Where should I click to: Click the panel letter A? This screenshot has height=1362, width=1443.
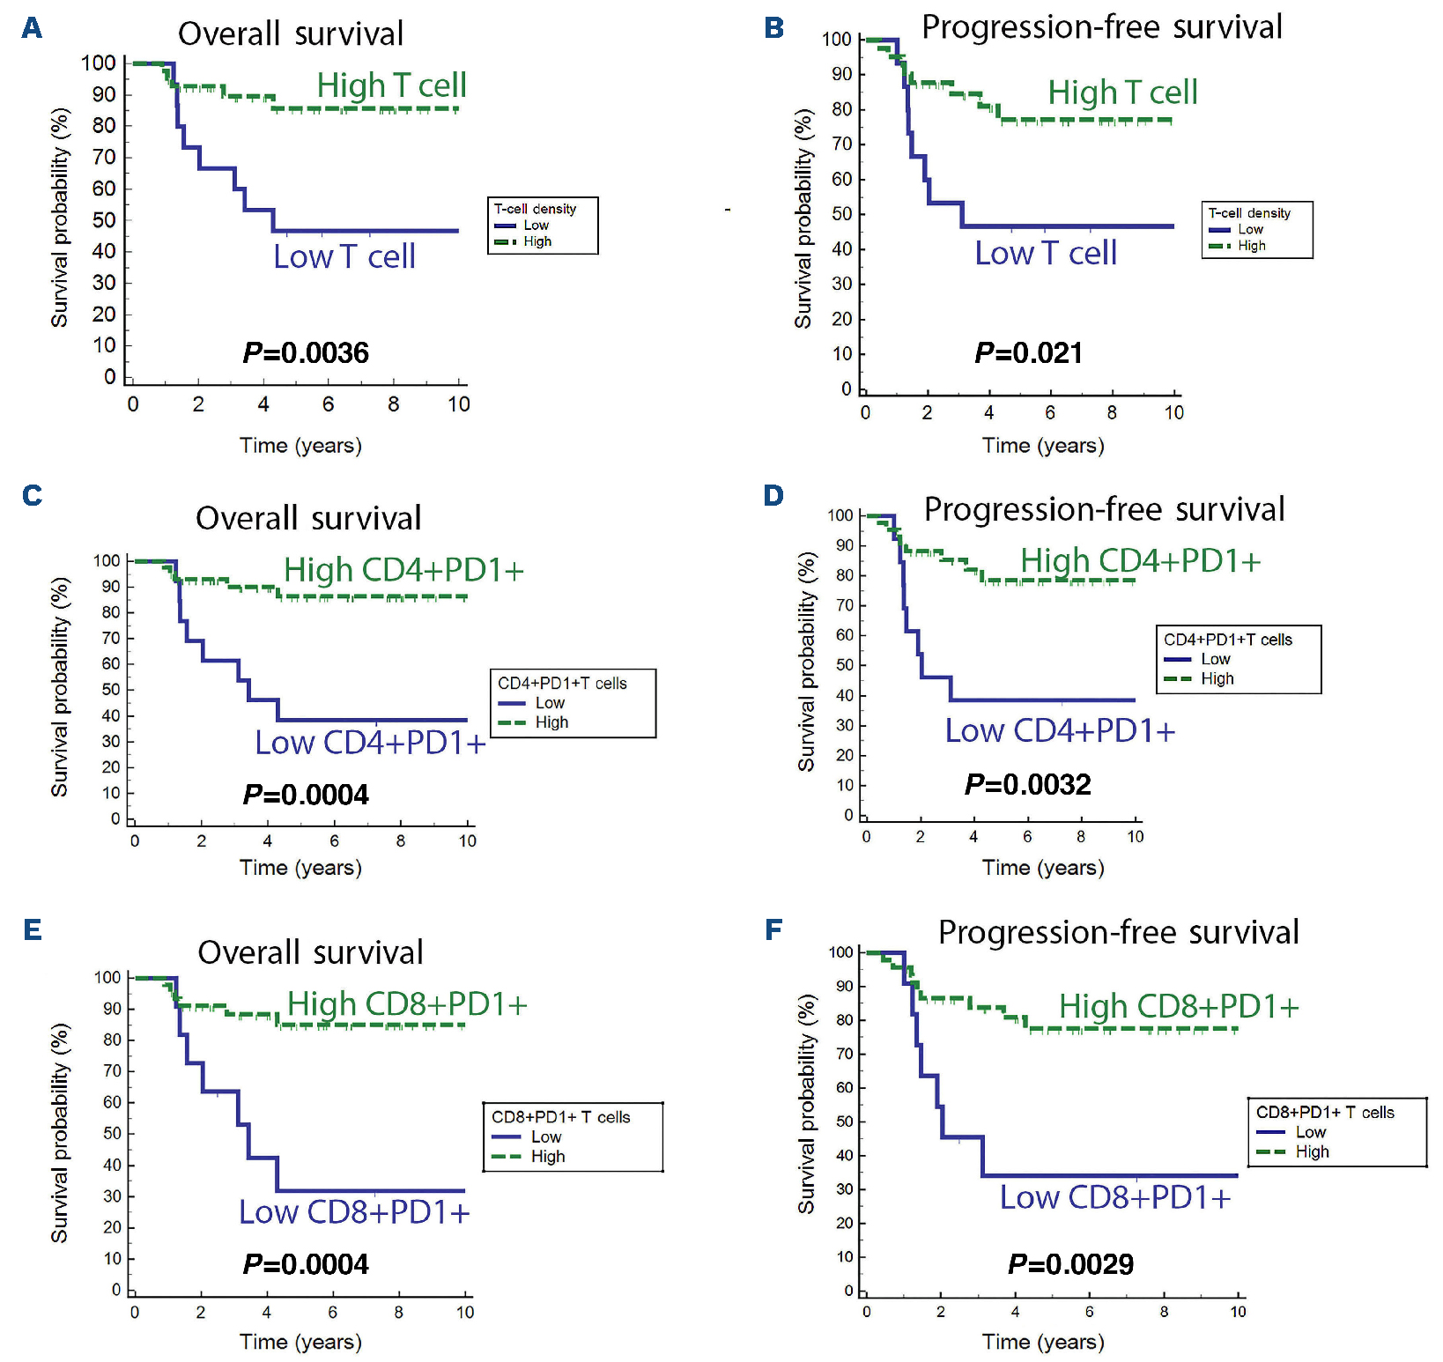coord(32,28)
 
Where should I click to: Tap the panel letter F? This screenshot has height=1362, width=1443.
coord(773,929)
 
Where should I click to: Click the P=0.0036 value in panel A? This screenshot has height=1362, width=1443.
coord(306,353)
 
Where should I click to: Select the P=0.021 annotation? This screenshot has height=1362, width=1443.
coord(1028,353)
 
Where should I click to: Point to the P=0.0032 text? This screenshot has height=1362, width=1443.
coord(1027,784)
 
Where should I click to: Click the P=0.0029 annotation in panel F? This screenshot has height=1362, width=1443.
coord(1070,1264)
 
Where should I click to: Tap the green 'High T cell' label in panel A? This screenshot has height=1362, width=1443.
coord(391,85)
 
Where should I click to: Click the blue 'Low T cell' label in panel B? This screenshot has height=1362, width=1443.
coord(1046,254)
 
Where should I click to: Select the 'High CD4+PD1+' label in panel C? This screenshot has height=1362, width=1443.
coord(403,570)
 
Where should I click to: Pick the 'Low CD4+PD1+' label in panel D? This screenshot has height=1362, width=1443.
coord(1060,730)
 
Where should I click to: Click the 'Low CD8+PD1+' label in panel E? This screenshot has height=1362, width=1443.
coord(354,1212)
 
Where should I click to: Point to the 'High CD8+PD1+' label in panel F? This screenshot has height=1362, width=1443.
coord(1179,1006)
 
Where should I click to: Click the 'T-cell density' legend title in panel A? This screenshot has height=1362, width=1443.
coord(535,209)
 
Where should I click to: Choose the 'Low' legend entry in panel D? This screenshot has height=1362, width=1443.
coord(1215,659)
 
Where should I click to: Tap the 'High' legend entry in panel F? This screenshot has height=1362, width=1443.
coord(1312,1151)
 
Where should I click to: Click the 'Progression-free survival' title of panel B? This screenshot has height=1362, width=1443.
coord(1101,27)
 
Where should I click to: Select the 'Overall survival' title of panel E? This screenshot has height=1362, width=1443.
coord(310,952)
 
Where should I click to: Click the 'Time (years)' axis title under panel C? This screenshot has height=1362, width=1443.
coord(300,868)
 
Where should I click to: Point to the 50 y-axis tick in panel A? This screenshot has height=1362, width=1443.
coord(104,220)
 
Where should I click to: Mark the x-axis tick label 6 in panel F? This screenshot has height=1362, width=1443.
coord(1089,1312)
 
